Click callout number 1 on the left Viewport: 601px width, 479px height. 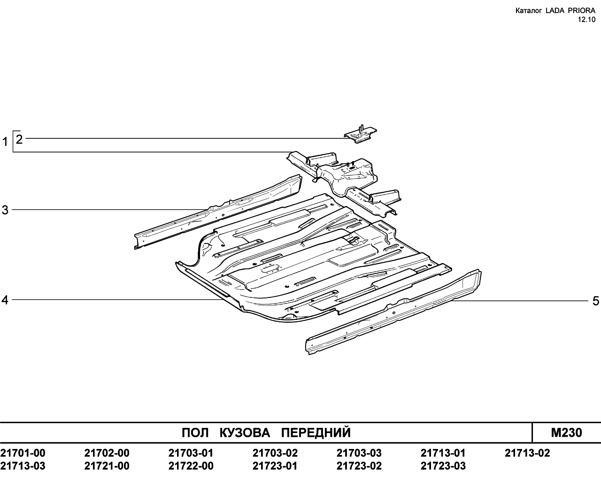[5, 142]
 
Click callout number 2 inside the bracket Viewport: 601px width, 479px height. [19, 139]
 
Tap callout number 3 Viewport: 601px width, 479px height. [5, 210]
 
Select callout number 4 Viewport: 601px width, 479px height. [5, 300]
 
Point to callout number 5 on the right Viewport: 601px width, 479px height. [596, 301]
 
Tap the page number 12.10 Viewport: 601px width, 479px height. [586, 20]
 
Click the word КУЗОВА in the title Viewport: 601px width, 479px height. [245, 433]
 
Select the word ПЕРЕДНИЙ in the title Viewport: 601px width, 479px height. [316, 433]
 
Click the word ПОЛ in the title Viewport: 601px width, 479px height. [195, 433]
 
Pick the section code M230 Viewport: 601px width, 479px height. [566, 433]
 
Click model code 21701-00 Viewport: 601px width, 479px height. [23, 453]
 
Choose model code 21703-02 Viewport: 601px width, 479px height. [275, 453]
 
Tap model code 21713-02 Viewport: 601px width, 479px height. [527, 453]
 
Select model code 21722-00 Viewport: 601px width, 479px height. [191, 466]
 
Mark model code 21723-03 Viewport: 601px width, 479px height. [443, 466]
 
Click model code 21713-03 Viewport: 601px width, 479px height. [23, 466]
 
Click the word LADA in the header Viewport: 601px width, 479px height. [553, 11]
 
